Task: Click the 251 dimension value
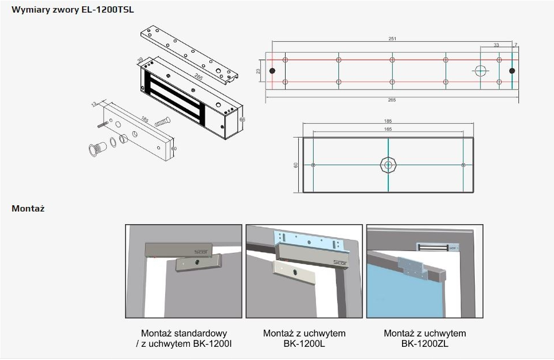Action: point(392,39)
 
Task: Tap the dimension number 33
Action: point(497,45)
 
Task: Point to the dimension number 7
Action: point(516,45)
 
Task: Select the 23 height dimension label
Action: point(258,71)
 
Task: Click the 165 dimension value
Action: point(388,130)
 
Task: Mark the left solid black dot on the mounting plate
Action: point(272,71)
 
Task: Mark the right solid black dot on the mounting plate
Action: point(512,71)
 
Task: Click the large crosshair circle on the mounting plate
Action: point(480,71)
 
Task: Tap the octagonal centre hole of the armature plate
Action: point(388,165)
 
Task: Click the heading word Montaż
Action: point(28,209)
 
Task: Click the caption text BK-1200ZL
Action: point(425,344)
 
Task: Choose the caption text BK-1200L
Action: point(304,344)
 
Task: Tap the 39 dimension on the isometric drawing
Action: point(140,60)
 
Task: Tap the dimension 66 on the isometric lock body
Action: point(242,119)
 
